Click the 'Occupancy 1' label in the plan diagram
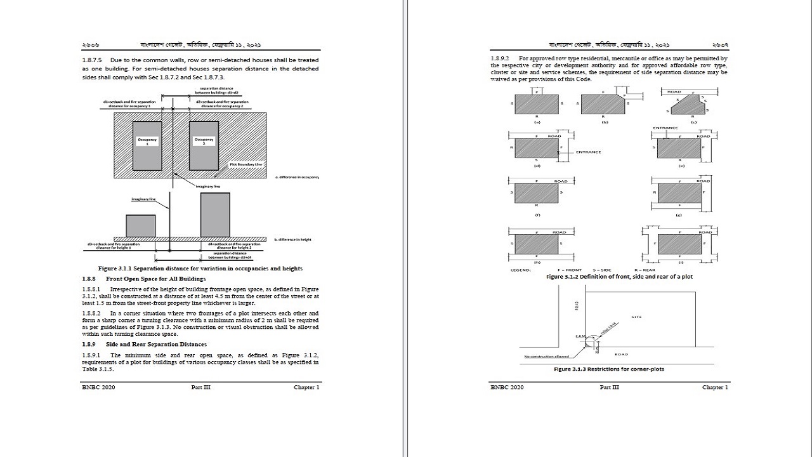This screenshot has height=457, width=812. (x=147, y=142)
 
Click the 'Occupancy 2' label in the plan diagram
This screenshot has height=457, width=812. (x=204, y=142)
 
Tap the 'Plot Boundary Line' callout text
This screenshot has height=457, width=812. (x=246, y=164)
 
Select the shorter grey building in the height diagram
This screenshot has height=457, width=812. (x=140, y=225)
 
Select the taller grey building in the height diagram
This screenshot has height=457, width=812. (x=215, y=215)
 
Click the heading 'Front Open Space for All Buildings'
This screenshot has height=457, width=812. (x=155, y=279)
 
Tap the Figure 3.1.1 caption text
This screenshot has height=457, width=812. (x=200, y=268)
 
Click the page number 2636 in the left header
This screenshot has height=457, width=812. (x=90, y=46)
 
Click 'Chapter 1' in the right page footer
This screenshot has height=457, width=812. (x=715, y=387)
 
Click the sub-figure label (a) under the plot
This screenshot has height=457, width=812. (x=537, y=121)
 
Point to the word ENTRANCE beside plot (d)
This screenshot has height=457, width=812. (x=588, y=152)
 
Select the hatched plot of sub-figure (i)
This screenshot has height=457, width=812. (x=679, y=244)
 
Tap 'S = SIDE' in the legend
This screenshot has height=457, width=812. (x=602, y=270)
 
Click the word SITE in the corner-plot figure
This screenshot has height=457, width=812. (x=636, y=316)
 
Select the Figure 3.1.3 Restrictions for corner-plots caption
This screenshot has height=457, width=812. (x=609, y=369)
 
